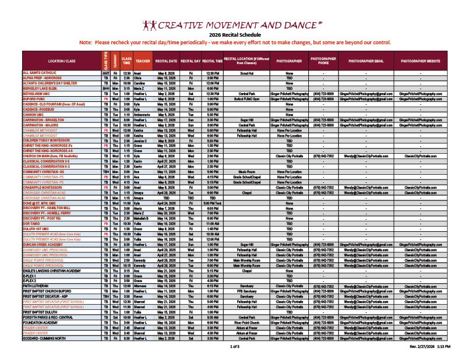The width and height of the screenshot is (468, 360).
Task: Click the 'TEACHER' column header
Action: pos(142,61)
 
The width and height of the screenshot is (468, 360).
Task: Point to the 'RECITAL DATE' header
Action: pos(166,61)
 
